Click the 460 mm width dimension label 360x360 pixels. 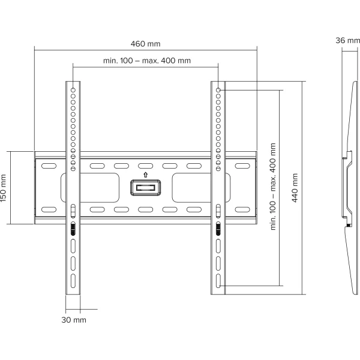[146, 44]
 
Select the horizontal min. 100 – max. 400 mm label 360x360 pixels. [147, 61]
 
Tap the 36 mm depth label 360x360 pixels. [347, 40]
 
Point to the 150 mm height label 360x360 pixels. [3, 188]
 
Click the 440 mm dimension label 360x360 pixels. [295, 188]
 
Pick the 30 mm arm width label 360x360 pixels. [74, 320]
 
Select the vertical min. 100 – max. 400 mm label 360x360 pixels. [273, 187]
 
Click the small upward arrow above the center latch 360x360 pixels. [145, 175]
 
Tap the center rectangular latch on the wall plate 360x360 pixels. [145, 188]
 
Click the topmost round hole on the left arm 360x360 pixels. [73, 90]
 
